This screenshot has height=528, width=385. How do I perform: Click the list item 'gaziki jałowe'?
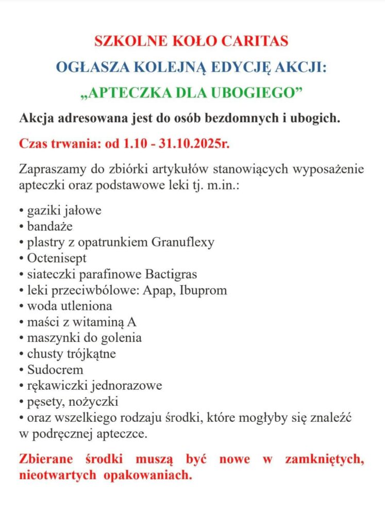[63, 211]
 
